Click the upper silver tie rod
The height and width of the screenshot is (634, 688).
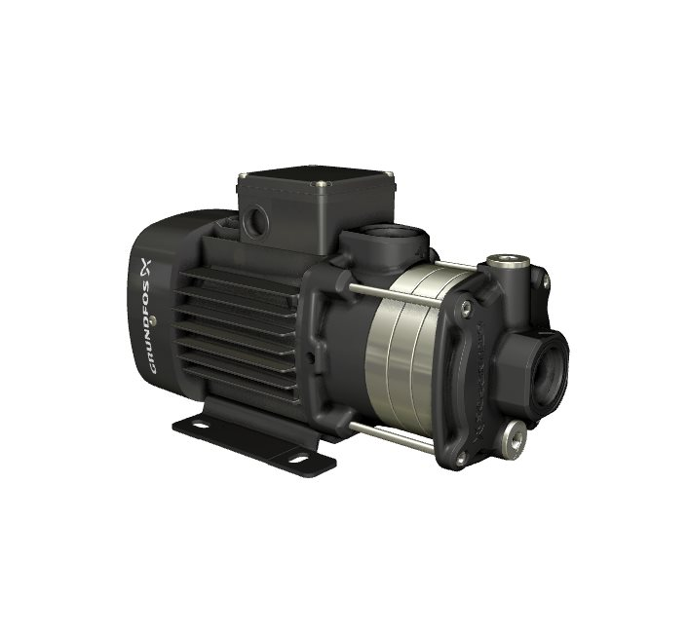pos(394,295)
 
